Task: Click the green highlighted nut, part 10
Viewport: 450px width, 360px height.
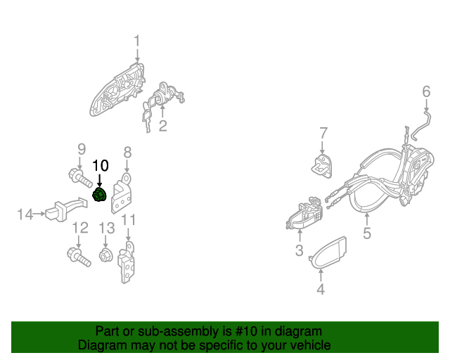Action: point(100,195)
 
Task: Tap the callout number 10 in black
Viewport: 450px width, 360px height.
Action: point(101,166)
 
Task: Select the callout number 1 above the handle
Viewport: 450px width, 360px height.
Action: point(137,41)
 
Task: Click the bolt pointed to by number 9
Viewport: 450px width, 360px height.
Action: point(80,178)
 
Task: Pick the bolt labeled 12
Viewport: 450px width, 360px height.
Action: point(79,257)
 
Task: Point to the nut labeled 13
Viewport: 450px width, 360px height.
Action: point(105,255)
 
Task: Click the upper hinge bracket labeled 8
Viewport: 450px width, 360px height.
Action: point(122,193)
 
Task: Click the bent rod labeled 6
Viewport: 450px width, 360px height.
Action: point(420,126)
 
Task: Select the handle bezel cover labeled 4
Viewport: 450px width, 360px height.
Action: point(328,252)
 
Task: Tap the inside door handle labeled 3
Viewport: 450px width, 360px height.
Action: point(304,214)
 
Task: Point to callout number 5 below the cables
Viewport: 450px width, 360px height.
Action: point(367,233)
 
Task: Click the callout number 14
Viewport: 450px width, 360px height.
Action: point(25,214)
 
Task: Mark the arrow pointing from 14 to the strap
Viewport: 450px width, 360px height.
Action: point(39,214)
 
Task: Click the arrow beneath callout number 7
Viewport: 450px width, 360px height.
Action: point(322,148)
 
